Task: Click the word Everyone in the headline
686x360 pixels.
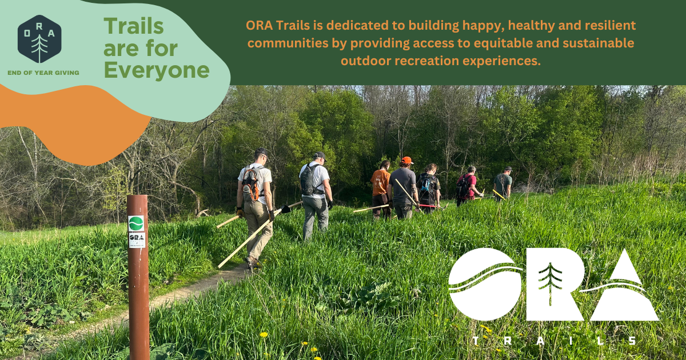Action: (157, 70)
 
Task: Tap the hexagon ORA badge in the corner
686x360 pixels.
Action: (39, 39)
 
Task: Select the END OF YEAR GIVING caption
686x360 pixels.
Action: (43, 73)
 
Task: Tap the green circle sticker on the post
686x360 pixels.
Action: (137, 223)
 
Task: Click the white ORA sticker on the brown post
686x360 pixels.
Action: (137, 239)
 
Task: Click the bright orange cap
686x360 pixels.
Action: (406, 161)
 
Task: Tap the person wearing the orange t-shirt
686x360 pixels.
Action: (380, 183)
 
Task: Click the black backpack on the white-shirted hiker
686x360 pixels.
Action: (308, 180)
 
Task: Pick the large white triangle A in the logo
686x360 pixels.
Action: (624, 289)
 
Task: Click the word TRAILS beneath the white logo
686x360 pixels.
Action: (553, 341)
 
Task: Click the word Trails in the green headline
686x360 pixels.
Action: (133, 26)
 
